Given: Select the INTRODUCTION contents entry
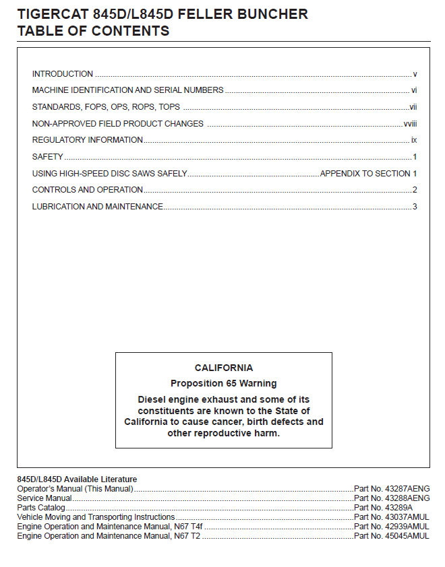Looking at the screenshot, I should point(63,74).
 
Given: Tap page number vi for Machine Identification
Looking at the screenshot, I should point(414,90).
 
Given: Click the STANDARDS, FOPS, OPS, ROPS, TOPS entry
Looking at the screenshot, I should point(106,107).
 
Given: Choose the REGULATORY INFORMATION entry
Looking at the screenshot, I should point(88,140).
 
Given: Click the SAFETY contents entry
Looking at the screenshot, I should point(48,157).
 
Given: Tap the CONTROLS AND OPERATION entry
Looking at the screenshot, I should point(88,190).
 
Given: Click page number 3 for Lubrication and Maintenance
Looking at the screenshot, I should point(415,207).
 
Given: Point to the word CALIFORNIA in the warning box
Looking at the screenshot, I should point(224,368).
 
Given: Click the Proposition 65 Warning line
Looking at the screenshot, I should point(224,384).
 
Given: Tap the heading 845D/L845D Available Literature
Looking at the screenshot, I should point(77,479).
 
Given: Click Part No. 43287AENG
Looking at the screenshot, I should point(392,489).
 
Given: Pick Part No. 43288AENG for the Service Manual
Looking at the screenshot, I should point(392,498).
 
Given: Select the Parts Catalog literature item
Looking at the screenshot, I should point(41,508).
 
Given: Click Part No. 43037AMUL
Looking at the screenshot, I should point(392,517).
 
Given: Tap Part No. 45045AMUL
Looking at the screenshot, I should point(392,536).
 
